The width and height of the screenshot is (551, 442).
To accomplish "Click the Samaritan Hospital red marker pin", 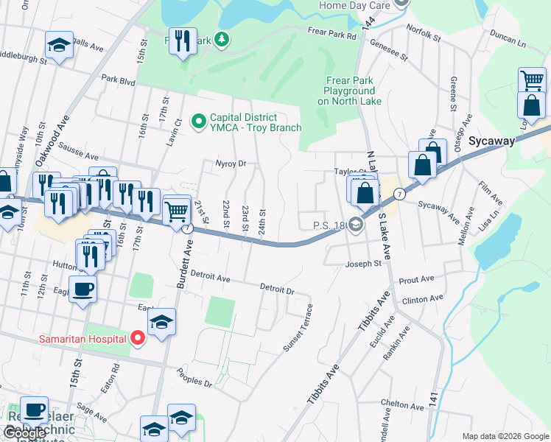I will pyautogui.click(x=137, y=338).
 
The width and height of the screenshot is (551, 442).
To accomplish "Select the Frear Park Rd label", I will pyautogui.click(x=331, y=32).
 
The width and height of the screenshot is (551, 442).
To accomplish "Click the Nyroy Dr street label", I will pyautogui.click(x=229, y=164).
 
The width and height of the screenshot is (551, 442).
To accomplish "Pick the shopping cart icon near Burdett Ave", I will pyautogui.click(x=177, y=211).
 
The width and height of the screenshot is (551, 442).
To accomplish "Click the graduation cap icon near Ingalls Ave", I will pyautogui.click(x=59, y=46).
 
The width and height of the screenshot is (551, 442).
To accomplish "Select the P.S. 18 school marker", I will pyautogui.click(x=356, y=225).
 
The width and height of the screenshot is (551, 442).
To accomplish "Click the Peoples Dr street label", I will pyautogui.click(x=194, y=384).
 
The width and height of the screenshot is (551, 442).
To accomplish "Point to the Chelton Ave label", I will pyautogui.click(x=401, y=404).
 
